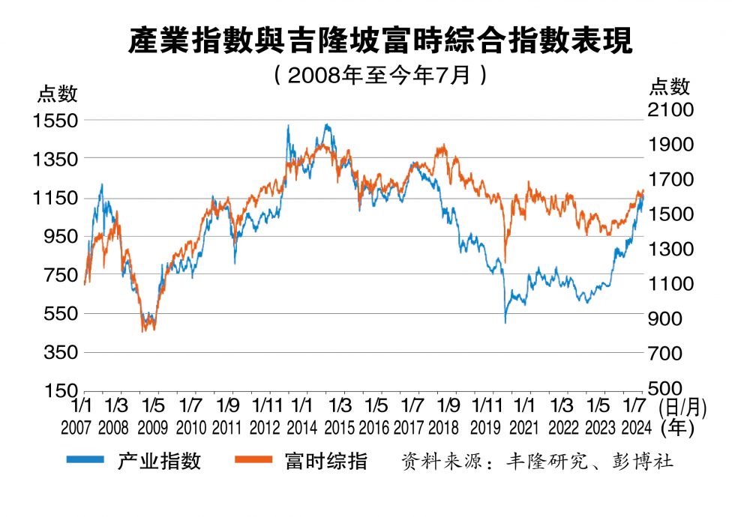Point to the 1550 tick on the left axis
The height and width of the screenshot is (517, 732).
(x=55, y=121)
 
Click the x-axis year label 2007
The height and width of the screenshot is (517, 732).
(x=77, y=428)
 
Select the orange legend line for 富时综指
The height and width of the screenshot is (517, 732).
(x=253, y=460)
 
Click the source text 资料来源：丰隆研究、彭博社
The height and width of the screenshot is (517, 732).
(x=537, y=461)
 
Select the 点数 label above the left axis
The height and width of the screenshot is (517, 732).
(x=58, y=94)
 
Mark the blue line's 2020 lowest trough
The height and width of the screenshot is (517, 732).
(x=505, y=322)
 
